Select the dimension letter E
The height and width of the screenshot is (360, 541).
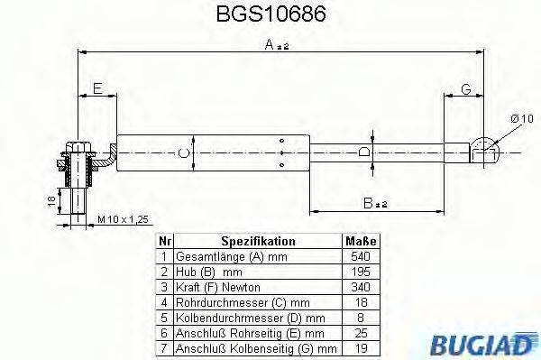pyautogui.click(x=98, y=88)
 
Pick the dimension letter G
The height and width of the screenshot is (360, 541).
pyautogui.click(x=466, y=88)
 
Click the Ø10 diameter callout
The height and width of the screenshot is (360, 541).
pyautogui.click(x=522, y=117)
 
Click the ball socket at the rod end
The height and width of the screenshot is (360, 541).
pyautogui.click(x=485, y=147)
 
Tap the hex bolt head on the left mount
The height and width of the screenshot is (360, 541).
pyautogui.click(x=76, y=145)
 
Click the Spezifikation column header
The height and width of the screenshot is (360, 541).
pyautogui.click(x=258, y=241)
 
